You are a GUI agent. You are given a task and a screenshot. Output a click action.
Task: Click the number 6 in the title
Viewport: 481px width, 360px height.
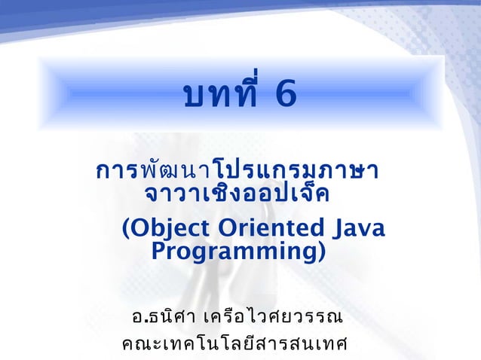[x=280, y=96]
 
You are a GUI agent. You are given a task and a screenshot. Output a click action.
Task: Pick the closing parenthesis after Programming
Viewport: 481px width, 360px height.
[x=321, y=250]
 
